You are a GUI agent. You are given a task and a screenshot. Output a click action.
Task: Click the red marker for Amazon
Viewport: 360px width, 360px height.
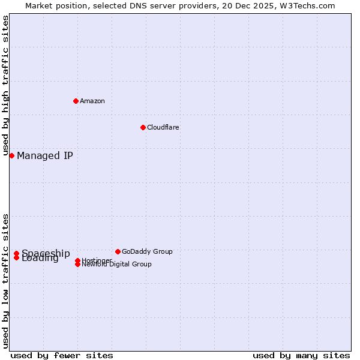[76, 101]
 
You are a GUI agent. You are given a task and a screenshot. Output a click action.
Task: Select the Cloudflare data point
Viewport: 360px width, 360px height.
[143, 127]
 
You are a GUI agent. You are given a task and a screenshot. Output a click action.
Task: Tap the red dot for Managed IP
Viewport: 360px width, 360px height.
[11, 155]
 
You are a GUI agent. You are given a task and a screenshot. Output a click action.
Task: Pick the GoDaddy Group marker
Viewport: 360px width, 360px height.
[118, 251]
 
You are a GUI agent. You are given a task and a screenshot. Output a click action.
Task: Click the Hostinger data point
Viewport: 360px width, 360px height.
[77, 260]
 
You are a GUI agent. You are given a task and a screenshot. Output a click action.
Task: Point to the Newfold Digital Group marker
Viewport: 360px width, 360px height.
[77, 264]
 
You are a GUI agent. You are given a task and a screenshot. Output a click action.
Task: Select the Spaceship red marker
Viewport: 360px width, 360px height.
[16, 253]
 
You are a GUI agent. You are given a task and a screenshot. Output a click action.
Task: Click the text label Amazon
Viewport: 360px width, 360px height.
[92, 101]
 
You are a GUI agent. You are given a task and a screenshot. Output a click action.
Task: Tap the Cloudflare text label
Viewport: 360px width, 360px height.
[163, 127]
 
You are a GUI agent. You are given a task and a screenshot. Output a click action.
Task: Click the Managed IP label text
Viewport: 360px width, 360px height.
[45, 156]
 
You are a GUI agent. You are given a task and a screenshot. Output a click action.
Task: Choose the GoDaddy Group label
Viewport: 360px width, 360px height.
[147, 251]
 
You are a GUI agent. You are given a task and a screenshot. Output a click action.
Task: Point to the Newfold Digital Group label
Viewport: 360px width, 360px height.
[117, 265]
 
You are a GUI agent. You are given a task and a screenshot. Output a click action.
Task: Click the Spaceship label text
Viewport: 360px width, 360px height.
[46, 253]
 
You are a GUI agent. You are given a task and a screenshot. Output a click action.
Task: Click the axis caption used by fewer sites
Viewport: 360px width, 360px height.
[62, 355]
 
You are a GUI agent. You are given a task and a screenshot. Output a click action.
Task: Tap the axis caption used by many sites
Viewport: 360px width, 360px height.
[301, 355]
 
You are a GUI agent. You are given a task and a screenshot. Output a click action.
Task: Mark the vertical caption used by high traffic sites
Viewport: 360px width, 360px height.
[6, 85]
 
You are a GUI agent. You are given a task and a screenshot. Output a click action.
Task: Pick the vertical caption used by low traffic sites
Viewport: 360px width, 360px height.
[6, 280]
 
